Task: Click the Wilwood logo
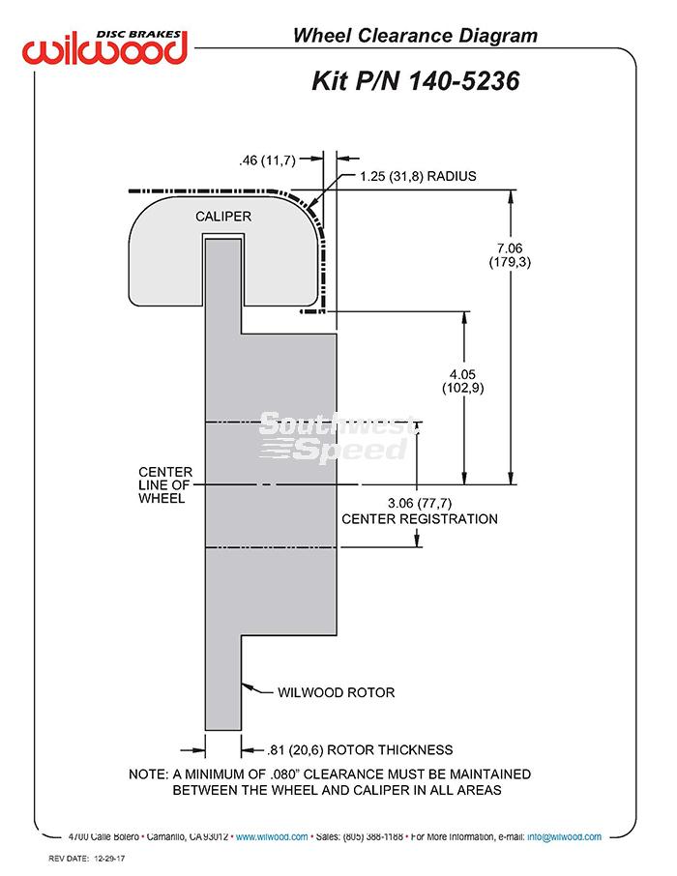pyautogui.click(x=104, y=47)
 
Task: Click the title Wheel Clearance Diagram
pyautogui.click(x=415, y=35)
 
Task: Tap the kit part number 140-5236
pyautogui.click(x=464, y=80)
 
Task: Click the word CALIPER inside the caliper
pyautogui.click(x=223, y=217)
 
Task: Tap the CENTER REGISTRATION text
pyautogui.click(x=420, y=519)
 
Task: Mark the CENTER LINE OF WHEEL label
pyautogui.click(x=165, y=485)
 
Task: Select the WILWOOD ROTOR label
pyautogui.click(x=336, y=692)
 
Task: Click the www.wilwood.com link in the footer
pyautogui.click(x=272, y=836)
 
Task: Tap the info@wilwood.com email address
pyautogui.click(x=564, y=836)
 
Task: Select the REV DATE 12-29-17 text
pyautogui.click(x=87, y=859)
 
